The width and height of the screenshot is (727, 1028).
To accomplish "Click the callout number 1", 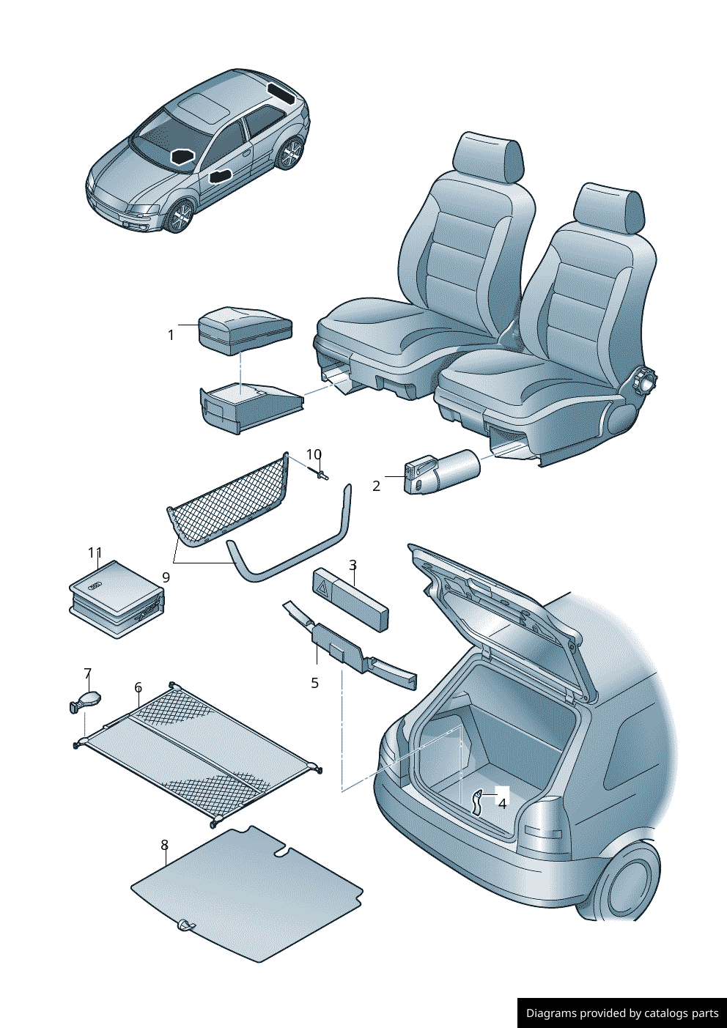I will point(171,335).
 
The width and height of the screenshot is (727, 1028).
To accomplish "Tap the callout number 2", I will point(377,486).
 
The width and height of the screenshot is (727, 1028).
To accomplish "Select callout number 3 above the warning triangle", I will point(353,565).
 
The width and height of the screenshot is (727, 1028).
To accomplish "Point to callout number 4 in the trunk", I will point(502,804).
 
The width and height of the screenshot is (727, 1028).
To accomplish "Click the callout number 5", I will point(314,683).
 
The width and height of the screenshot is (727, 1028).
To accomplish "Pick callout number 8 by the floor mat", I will point(164,846).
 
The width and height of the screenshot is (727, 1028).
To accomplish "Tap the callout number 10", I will point(314,455).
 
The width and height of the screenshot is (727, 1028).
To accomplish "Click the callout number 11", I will point(95,553).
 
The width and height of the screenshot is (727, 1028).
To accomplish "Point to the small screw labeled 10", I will point(322,476).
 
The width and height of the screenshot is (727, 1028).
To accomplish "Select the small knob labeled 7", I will point(85,700).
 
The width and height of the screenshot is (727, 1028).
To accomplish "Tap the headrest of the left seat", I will point(489,157).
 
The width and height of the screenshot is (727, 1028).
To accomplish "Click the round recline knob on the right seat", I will point(646,381).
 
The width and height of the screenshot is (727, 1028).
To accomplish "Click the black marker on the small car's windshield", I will point(182,156).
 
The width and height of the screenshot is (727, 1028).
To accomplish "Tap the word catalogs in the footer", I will point(665,1013).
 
